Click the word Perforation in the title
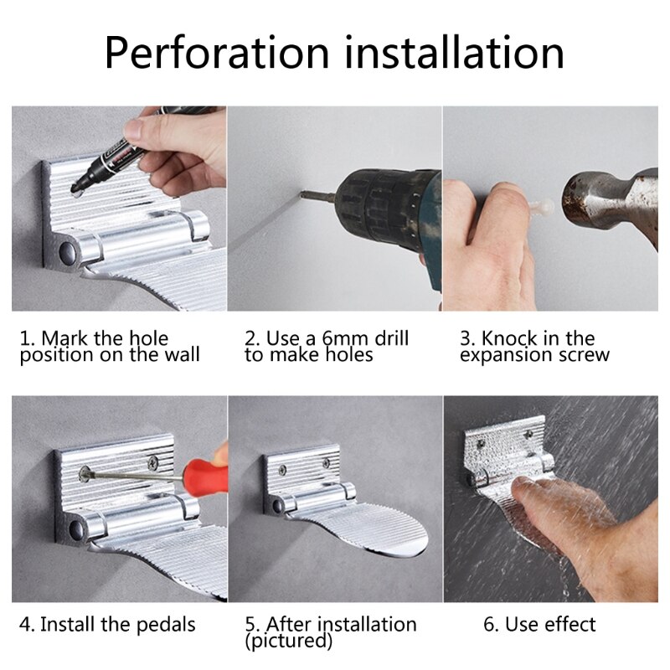(218, 52)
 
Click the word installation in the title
(455, 52)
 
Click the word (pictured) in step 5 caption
(288, 642)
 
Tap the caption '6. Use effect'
(539, 625)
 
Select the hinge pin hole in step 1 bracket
(66, 250)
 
